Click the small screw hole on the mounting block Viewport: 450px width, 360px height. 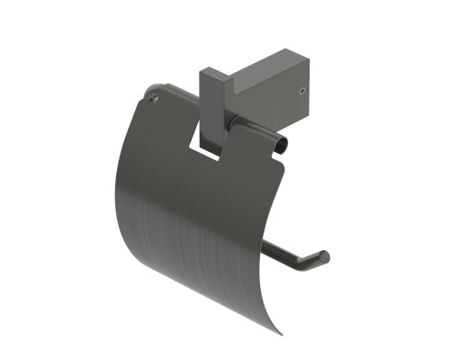pos(301,91)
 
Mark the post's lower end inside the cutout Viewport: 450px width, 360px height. pos(213,151)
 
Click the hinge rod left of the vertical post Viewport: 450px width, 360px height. pos(175,96)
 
